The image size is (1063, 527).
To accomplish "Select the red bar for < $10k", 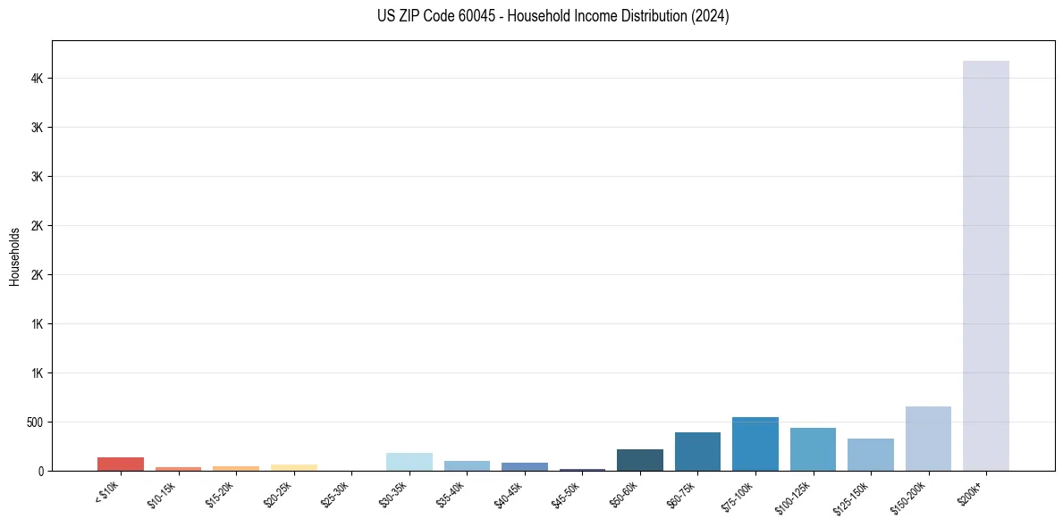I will pos(121,464).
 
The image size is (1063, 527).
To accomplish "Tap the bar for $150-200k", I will pos(928,439).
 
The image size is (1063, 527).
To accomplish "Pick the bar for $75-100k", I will pos(755,444).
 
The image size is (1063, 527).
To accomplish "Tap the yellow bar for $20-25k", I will pos(293,467).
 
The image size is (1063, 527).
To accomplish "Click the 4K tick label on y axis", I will pos(37,79).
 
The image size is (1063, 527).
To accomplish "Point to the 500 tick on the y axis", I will pos(35,422).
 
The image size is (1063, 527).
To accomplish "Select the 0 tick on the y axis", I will pos(42,471).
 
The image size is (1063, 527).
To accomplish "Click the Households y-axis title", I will pos(15,256).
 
